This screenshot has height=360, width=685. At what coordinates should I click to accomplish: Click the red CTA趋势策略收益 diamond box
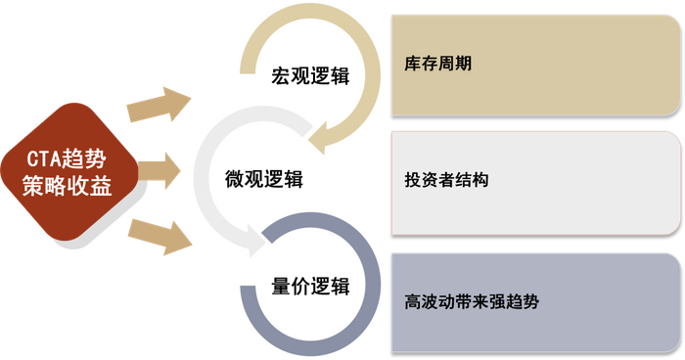pos(68,173)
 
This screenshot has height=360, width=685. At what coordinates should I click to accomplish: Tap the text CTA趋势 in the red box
pos(68,158)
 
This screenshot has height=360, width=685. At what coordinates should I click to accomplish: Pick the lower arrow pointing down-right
pos(162,236)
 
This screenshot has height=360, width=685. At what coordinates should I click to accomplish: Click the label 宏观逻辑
pos(310,75)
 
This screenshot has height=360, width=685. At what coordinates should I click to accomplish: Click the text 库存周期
pos(436,65)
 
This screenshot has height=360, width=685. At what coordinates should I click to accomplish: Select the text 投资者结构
pos(445,181)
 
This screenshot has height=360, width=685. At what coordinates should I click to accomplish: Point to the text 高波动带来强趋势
pos(471,301)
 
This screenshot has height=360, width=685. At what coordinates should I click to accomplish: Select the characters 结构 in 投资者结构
pos(474,181)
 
